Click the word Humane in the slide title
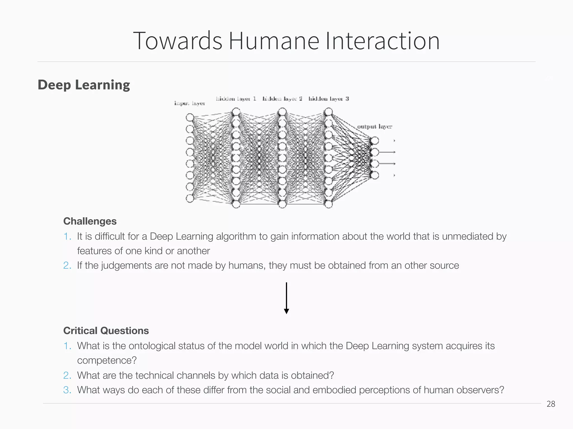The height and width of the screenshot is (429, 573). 274,41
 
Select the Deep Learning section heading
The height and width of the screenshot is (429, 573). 84,85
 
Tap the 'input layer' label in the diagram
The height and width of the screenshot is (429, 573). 189,103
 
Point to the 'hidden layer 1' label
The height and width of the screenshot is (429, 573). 236,99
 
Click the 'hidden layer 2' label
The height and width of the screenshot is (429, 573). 282,99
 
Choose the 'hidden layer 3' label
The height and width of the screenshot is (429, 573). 328,99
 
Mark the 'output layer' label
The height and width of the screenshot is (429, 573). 374,127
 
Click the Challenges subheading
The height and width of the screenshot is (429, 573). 90,221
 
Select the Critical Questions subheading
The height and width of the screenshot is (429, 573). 106,331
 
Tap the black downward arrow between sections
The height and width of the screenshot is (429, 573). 286,298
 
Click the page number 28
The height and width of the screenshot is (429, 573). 551,404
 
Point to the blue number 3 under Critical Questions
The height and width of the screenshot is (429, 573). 67,390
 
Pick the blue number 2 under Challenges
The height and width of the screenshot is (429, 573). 67,265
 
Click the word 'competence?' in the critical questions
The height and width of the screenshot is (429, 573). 107,360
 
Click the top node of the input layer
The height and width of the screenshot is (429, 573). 190,117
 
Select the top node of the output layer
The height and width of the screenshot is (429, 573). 375,140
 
